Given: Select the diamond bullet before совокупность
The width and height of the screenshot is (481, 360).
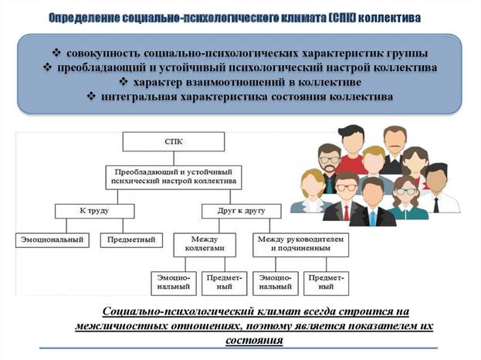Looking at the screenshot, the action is click(x=56, y=53).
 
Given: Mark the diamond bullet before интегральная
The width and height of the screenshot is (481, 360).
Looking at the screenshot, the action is click(x=91, y=96).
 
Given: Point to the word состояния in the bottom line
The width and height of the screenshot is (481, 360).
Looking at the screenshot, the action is click(x=254, y=341).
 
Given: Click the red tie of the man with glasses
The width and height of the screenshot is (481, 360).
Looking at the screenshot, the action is click(x=347, y=212).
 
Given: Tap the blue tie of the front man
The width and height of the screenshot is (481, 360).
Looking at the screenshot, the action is click(x=372, y=218).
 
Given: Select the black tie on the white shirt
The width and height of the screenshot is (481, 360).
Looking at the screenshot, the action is click(x=436, y=205).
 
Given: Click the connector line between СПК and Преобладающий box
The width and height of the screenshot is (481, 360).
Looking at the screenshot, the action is click(x=174, y=158).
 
